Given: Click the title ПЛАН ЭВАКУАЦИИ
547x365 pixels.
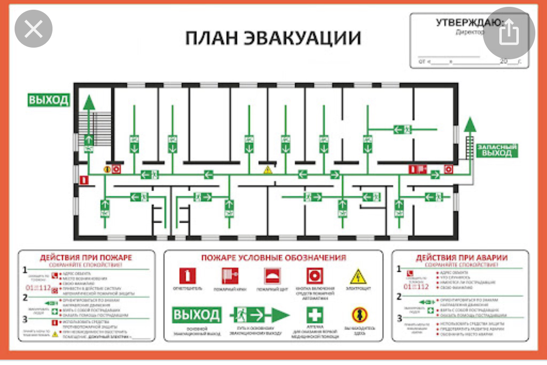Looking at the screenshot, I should pyautogui.click(x=273, y=38).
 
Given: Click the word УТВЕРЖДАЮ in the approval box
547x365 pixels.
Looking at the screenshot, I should pyautogui.click(x=468, y=22).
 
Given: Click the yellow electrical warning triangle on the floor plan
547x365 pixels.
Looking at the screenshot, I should pyautogui.click(x=267, y=170).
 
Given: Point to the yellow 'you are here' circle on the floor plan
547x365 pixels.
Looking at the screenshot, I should pyautogui.click(x=107, y=169).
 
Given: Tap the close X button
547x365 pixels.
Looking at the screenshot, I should pyautogui.click(x=34, y=30).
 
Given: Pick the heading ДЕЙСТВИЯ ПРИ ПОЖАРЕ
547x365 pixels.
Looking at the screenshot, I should pyautogui.click(x=86, y=258).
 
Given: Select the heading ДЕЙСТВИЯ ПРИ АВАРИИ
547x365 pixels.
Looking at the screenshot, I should pyautogui.click(x=461, y=258).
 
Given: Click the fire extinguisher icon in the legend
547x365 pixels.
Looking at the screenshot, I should pyautogui.click(x=187, y=276).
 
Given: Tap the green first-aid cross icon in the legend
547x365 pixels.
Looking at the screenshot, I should pyautogui.click(x=314, y=315).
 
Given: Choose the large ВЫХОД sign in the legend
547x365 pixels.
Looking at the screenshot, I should pyautogui.click(x=197, y=315).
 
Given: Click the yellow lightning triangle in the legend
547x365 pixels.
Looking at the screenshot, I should pyautogui.click(x=358, y=276).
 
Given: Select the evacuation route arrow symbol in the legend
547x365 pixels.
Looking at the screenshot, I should pyautogui.click(x=260, y=315).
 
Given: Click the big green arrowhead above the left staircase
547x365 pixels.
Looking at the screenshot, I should pyautogui.click(x=88, y=102).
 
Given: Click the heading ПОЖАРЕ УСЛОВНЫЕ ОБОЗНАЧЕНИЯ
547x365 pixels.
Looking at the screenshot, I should pyautogui.click(x=274, y=258).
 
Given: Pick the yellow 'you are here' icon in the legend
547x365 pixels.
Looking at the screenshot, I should pyautogui.click(x=359, y=315).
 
